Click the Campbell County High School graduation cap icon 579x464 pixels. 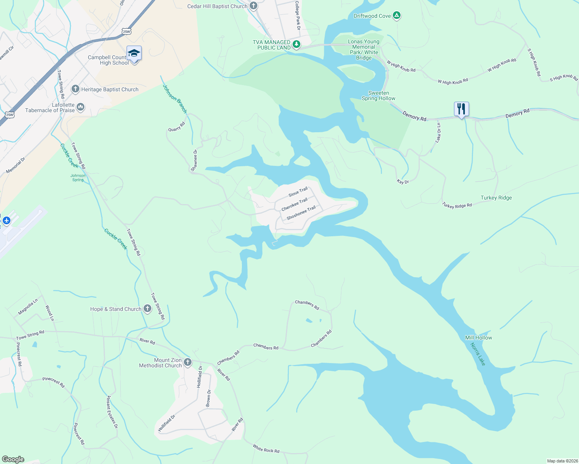pos(134,54)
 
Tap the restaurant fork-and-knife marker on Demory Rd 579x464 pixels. pos(461,109)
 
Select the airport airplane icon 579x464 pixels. pos(6,220)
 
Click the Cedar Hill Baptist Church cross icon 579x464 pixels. pos(253,6)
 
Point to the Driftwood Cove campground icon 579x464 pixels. pos(396,16)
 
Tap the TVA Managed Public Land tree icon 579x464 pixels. pos(296,44)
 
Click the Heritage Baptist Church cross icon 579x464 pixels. pos(75,89)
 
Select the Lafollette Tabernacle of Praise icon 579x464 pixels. pos(81,107)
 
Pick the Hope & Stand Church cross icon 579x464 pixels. pos(147,309)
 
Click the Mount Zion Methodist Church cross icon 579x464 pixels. pos(187,362)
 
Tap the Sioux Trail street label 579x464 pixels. pos(298,192)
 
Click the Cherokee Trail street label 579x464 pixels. pos(294,204)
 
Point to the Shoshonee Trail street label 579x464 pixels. pos(301,213)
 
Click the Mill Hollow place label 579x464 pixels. pos(478,338)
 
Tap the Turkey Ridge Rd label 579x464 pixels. pos(457,205)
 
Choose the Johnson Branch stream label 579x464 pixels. pos(175,99)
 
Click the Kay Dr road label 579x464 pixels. pos(403,181)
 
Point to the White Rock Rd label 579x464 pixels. pos(266,449)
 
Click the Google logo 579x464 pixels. pos(13,459)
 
